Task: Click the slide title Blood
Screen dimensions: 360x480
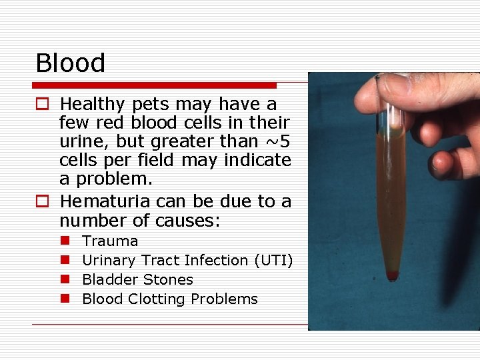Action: point(70,63)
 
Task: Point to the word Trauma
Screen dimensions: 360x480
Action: point(110,241)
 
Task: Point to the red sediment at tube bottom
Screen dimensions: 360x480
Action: point(392,275)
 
